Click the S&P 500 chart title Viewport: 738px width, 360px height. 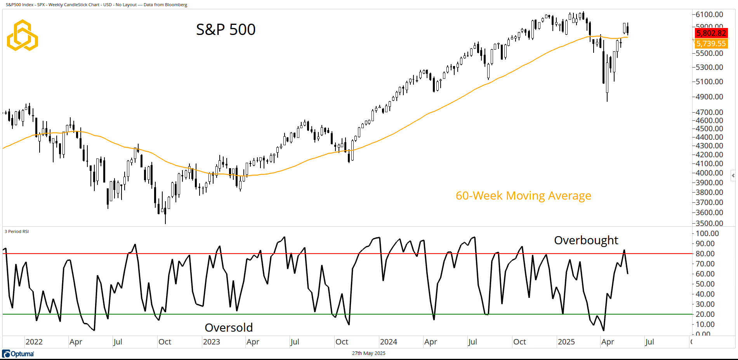226,30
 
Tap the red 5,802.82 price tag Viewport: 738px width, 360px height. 711,33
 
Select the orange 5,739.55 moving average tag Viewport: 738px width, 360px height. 711,43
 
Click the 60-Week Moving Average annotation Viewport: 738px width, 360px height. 523,196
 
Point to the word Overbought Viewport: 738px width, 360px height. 586,240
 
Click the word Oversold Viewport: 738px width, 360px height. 229,328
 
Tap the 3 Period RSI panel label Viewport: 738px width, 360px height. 17,231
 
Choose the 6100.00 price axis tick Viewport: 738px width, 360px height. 709,14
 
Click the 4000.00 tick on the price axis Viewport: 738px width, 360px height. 709,173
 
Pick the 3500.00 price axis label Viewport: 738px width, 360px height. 709,223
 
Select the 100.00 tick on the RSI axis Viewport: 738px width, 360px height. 707,233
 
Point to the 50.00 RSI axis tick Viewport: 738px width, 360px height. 705,284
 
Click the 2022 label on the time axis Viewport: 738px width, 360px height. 34,342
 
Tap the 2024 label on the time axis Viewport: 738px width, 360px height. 388,342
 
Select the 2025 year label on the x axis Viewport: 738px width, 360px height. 566,342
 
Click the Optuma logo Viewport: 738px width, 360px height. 18,354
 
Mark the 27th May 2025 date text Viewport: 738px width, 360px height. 368,353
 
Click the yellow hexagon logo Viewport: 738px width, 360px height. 23,35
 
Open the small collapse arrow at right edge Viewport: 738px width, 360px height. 733,176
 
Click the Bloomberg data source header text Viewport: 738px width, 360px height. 96,5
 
